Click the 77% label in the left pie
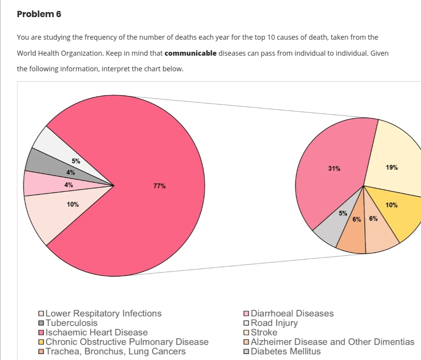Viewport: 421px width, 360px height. coord(159,186)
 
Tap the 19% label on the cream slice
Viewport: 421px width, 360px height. coord(392,168)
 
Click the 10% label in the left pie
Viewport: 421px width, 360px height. coord(73,204)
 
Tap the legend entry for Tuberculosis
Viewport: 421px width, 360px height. coord(71,323)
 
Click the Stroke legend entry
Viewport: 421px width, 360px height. coord(264,332)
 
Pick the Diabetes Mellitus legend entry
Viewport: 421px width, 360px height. coord(285,351)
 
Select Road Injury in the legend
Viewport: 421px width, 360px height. coord(274,323)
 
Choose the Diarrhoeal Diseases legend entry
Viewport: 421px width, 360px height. coord(292,313)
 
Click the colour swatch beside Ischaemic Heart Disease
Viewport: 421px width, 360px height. coord(41,333)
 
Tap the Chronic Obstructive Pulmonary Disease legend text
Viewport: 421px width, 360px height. coord(127,342)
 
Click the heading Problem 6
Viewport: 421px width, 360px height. coord(39,14)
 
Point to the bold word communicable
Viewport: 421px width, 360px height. coord(191,53)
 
